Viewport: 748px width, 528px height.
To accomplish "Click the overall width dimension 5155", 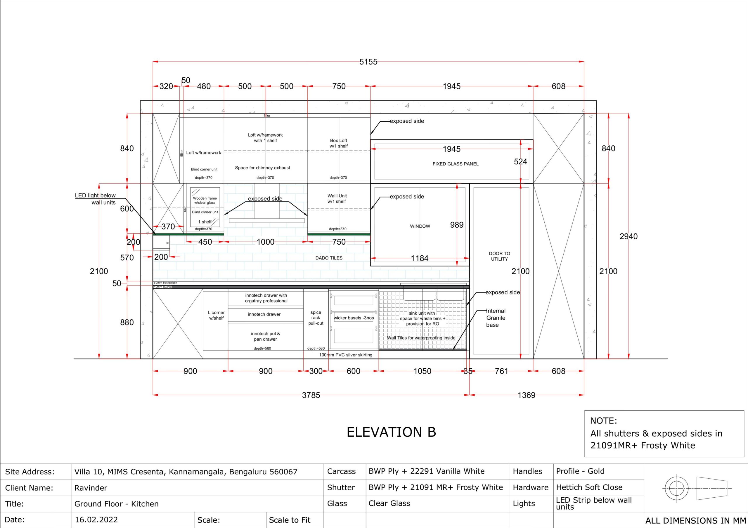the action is coord(368,62).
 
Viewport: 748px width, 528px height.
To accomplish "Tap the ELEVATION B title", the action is coord(391,432).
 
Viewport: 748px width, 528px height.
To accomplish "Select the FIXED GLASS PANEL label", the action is coord(456,164).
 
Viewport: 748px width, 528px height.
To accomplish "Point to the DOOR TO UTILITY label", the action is coord(499,256).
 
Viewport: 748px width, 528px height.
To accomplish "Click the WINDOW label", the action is coord(420,226).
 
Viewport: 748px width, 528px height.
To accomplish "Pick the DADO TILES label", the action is coord(329,258).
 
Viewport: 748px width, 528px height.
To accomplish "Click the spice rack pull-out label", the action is coord(316,318).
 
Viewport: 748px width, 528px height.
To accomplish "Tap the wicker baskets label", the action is coord(354,318).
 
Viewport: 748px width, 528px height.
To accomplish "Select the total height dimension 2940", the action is coord(628,236).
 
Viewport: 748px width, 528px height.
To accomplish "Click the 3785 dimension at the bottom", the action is coord(311,395).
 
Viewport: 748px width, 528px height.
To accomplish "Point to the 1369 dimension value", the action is coord(527,395).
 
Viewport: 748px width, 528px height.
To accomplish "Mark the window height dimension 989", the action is coord(457,225).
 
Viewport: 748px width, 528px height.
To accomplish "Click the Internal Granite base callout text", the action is coord(496,318).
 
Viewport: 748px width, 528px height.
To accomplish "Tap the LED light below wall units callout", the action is coord(96,199).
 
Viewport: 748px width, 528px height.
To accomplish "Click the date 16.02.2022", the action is coord(96,520).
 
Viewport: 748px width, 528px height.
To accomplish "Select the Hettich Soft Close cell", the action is coord(589,487).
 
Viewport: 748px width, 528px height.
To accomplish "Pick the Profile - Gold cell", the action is coord(580,471).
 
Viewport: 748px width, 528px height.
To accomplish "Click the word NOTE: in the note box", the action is coord(603,421).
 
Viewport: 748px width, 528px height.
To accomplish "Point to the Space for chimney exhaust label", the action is coord(263,168).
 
